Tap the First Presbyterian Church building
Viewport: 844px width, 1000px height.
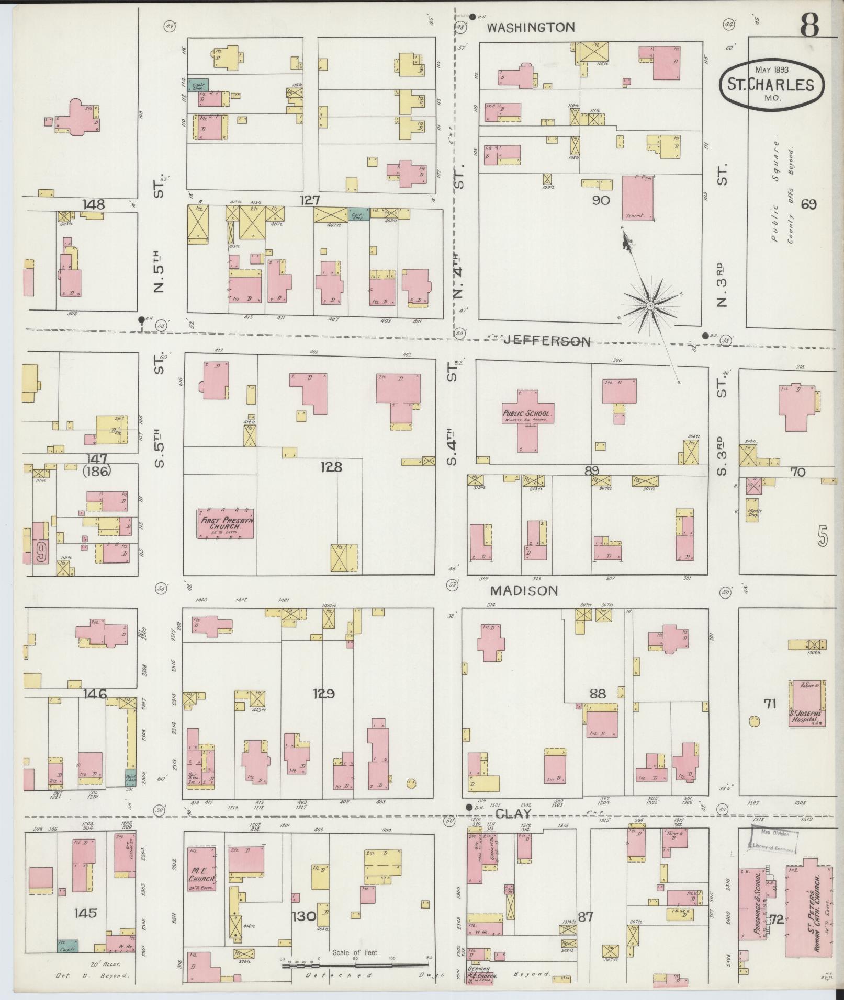click(x=225, y=524)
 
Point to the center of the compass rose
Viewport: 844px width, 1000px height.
click(x=650, y=305)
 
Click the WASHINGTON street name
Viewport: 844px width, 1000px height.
click(x=531, y=28)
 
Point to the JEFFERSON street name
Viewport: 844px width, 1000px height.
click(x=547, y=342)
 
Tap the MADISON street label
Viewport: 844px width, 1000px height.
click(x=524, y=591)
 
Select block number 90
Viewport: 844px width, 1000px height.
click(x=601, y=200)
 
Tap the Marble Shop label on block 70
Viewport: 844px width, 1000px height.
click(x=753, y=513)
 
